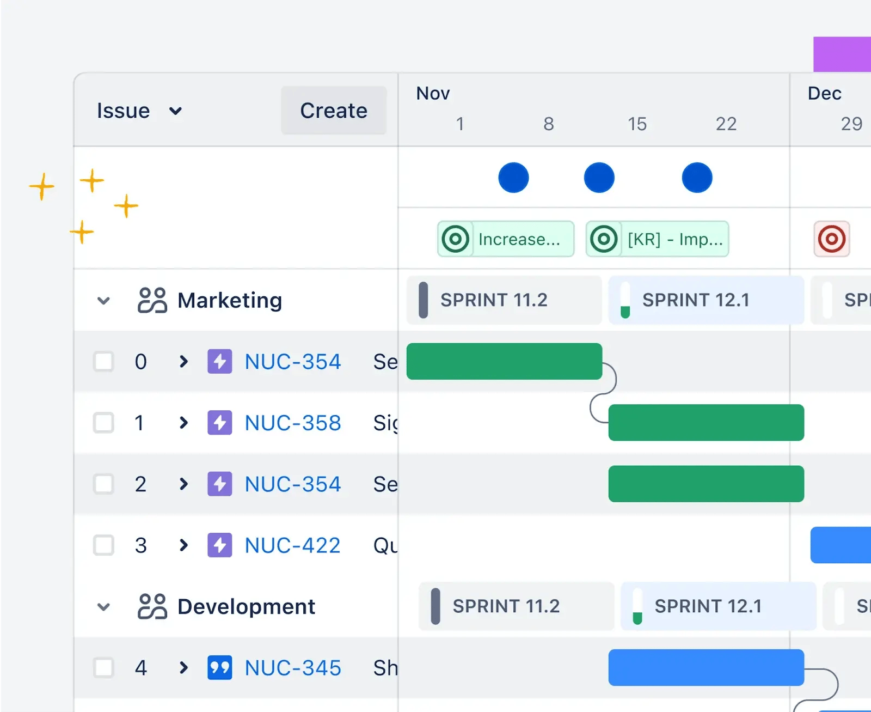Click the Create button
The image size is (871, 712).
(x=334, y=111)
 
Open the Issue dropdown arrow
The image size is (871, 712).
(x=175, y=111)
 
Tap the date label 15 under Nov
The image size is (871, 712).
(x=637, y=124)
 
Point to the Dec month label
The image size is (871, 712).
(x=824, y=94)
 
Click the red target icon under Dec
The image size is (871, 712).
(x=831, y=239)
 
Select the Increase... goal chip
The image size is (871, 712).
(x=506, y=239)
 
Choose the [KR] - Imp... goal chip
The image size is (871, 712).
(x=657, y=239)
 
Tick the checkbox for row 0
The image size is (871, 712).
(x=103, y=361)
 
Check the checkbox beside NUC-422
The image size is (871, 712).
(x=103, y=545)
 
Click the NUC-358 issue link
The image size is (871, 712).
(x=293, y=423)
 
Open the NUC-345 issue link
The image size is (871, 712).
(x=293, y=668)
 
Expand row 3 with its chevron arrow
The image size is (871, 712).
(x=183, y=545)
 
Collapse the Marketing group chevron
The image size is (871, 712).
(x=103, y=301)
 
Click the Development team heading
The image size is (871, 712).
(x=246, y=607)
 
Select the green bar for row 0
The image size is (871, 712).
(x=504, y=361)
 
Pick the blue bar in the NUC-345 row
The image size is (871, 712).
(x=706, y=667)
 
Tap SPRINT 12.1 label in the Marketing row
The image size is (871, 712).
(x=696, y=300)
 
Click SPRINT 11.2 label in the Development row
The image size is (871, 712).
(x=506, y=606)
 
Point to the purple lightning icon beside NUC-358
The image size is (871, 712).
(x=220, y=423)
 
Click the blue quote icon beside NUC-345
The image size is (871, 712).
(x=220, y=668)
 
